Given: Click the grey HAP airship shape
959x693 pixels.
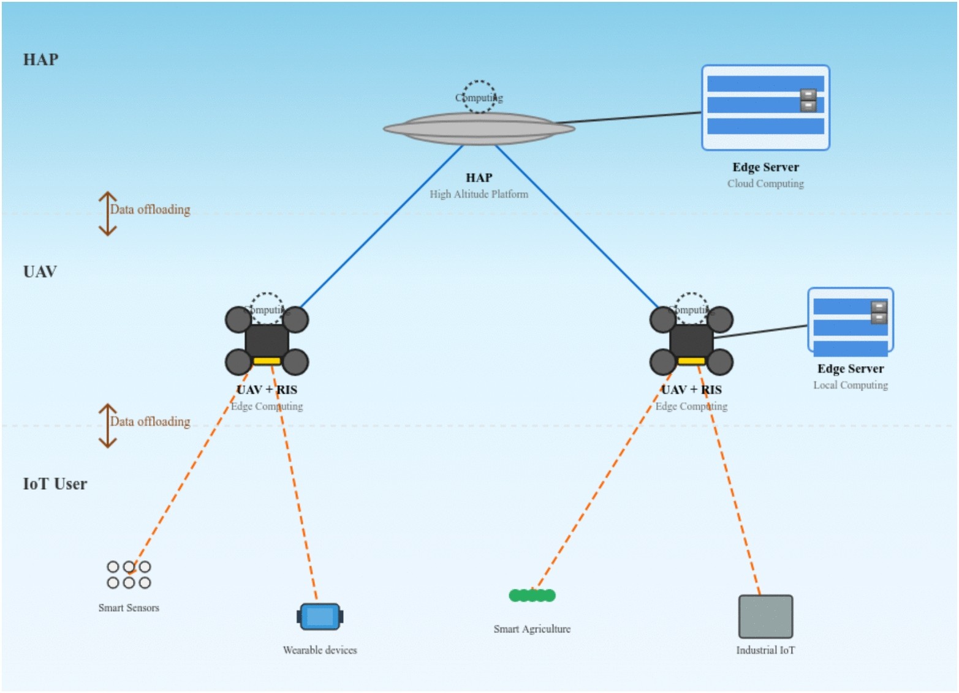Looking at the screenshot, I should click(x=479, y=129).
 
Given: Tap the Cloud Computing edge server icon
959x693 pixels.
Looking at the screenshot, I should click(x=765, y=108).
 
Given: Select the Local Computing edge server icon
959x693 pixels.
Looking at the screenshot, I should click(x=850, y=321).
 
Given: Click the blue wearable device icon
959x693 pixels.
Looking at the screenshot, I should click(x=320, y=616).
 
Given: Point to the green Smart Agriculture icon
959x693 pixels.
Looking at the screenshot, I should click(x=532, y=595).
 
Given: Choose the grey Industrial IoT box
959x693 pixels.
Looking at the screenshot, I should click(x=765, y=616).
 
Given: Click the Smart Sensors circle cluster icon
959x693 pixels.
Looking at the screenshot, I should click(x=129, y=574).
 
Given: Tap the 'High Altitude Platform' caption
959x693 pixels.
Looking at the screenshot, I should click(x=479, y=194).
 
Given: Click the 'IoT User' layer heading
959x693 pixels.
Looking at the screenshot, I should click(x=55, y=484).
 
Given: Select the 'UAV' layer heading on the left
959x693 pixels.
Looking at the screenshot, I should click(x=40, y=272).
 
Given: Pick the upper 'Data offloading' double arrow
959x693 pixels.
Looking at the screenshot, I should click(x=108, y=214).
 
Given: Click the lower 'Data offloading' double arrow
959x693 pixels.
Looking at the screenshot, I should click(x=108, y=425).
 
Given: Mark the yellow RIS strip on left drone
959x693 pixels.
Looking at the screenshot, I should click(x=267, y=361).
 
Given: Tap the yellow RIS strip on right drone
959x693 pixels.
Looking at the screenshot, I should click(x=691, y=361).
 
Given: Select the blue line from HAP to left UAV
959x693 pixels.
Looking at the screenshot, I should click(x=380, y=227).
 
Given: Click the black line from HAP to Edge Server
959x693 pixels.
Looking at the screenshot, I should click(x=628, y=118).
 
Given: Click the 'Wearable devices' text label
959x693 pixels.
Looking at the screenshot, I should click(x=320, y=650).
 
